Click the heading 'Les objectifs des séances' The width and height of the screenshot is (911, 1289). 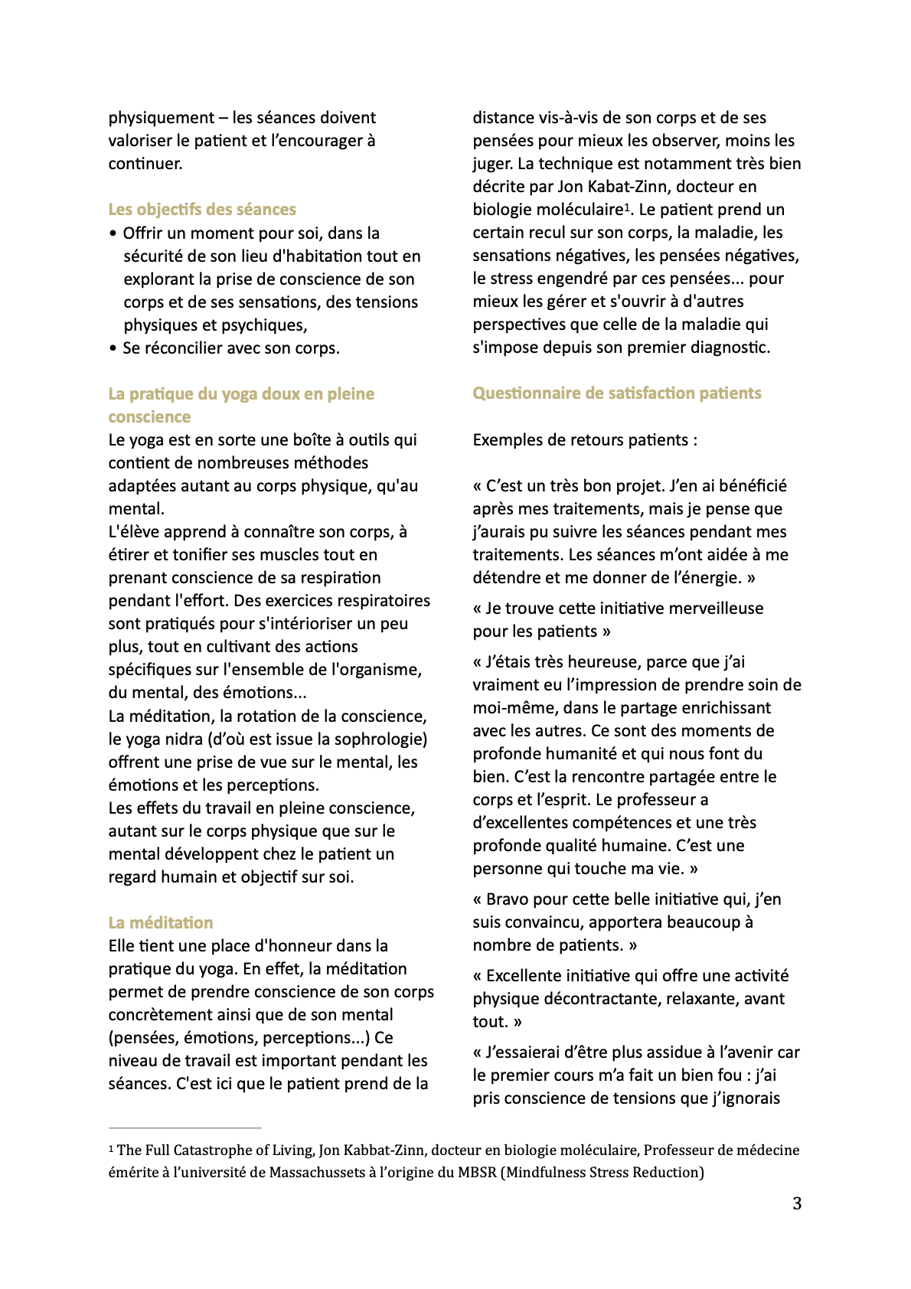pyautogui.click(x=202, y=210)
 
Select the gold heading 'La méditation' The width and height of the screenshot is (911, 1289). pyautogui.click(x=161, y=922)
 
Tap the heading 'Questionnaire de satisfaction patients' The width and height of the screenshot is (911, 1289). pyautogui.click(x=617, y=393)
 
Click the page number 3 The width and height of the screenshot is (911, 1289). pyautogui.click(x=797, y=1203)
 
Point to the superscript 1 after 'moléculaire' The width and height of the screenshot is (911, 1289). pyautogui.click(x=626, y=207)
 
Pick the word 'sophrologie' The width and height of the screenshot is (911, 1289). pyautogui.click(x=380, y=739)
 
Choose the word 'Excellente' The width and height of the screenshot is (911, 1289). pyautogui.click(x=528, y=976)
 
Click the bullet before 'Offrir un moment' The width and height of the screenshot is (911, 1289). pyautogui.click(x=113, y=233)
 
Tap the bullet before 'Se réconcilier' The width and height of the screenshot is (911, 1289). pyautogui.click(x=113, y=349)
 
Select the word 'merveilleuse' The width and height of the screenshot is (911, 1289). pyautogui.click(x=717, y=609)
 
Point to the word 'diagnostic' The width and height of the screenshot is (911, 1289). pyautogui.click(x=730, y=348)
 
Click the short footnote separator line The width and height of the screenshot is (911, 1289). pyautogui.click(x=184, y=1127)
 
